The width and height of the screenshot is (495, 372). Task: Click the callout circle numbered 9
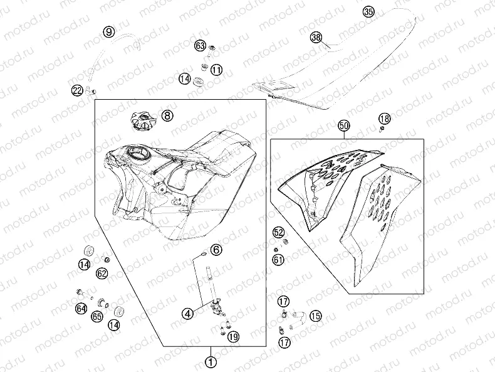pos(109,31)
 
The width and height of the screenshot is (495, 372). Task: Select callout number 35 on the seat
pos(368,12)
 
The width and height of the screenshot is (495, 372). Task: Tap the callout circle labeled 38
pos(316,37)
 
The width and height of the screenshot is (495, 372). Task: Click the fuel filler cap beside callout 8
pos(143,121)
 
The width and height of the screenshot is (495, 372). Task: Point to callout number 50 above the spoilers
pos(344,126)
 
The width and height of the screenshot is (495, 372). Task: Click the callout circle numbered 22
pos(77,91)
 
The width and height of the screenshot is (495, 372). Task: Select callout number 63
pos(200,46)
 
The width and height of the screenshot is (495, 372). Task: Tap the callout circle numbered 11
pos(217,70)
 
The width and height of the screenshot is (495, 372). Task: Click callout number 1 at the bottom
pos(211,361)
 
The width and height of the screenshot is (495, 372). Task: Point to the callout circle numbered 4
pos(188,314)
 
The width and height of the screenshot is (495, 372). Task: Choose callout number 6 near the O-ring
pos(216,250)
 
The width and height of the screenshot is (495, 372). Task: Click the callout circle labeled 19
pos(233,337)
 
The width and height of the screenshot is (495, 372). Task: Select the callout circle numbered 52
pos(278,233)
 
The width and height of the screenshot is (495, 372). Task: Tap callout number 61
pos(278,260)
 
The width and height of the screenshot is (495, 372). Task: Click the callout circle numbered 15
pos(315,316)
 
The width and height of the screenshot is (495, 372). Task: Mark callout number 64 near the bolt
pos(81,309)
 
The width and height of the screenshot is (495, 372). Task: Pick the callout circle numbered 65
pos(97,316)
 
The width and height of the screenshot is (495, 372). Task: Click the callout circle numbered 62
pos(102,274)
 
